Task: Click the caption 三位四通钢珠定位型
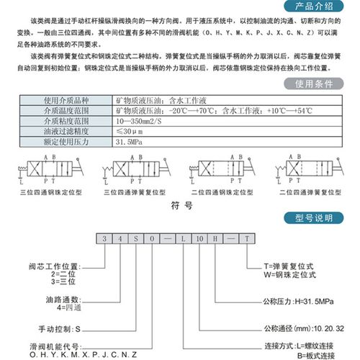[x=51, y=193]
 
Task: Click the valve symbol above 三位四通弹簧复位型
[x=137, y=170]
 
